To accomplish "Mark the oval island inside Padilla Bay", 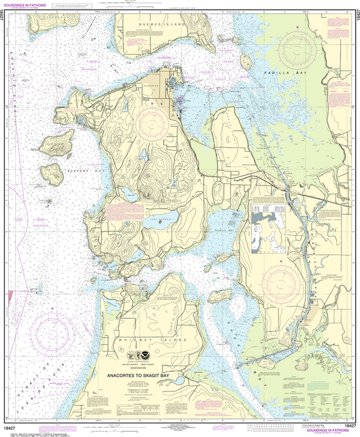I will click(x=245, y=61).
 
